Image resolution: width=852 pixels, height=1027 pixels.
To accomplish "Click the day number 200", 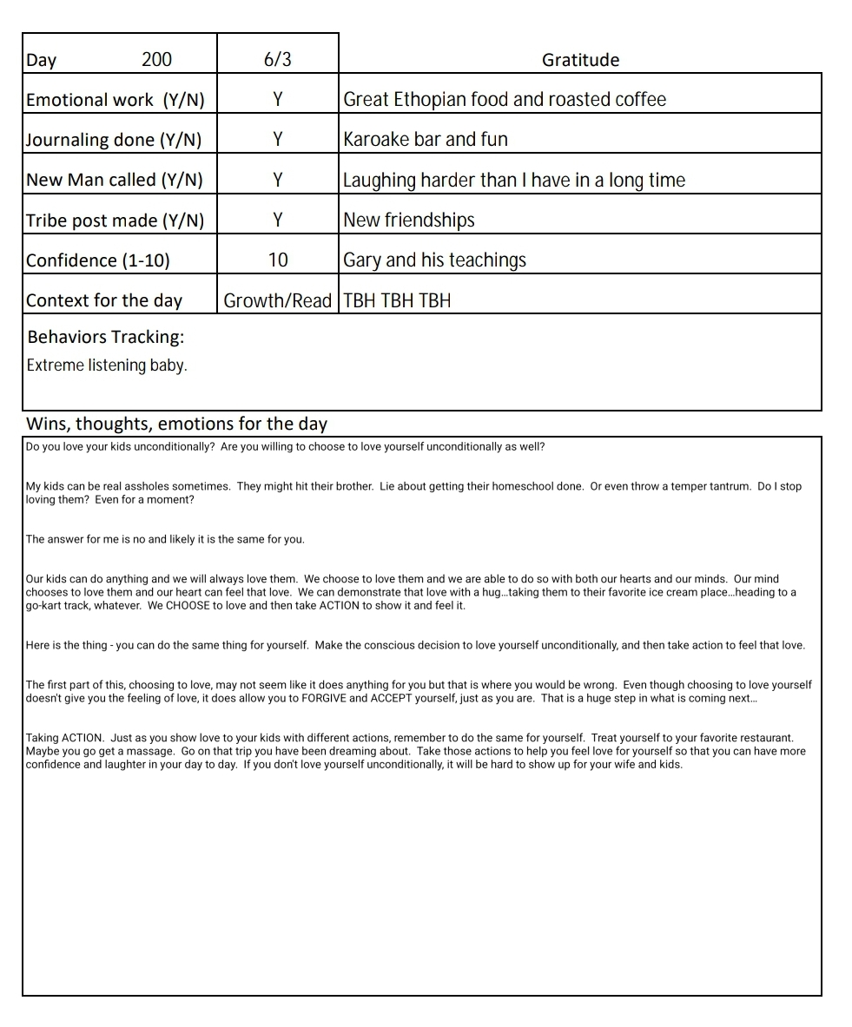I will click(156, 60).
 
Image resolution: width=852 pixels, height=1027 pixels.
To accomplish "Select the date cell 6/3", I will click(277, 60).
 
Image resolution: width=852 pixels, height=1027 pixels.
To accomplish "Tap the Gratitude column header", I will click(580, 60).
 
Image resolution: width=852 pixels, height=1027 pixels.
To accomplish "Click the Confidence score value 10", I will click(278, 260).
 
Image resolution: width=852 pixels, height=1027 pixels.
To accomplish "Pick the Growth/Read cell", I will click(278, 300).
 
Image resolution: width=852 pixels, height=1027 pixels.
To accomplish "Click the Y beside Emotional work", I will click(278, 100).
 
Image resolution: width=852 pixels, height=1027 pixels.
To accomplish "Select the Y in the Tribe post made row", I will click(278, 221).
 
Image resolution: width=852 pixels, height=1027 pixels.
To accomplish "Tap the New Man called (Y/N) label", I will click(114, 180).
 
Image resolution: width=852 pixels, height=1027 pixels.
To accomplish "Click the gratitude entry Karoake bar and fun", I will click(426, 140).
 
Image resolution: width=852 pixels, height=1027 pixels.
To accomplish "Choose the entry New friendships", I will click(409, 221).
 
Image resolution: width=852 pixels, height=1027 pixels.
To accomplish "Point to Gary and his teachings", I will click(434, 260).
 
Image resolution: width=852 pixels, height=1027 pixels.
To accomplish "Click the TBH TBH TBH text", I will click(397, 301).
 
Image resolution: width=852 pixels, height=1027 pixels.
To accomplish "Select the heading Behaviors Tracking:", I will click(105, 337).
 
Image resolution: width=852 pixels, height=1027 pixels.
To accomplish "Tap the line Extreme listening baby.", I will click(107, 365).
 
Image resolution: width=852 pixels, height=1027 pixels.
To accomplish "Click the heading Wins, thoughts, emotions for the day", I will click(176, 425).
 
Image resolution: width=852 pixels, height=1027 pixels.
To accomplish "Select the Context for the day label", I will click(104, 301).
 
